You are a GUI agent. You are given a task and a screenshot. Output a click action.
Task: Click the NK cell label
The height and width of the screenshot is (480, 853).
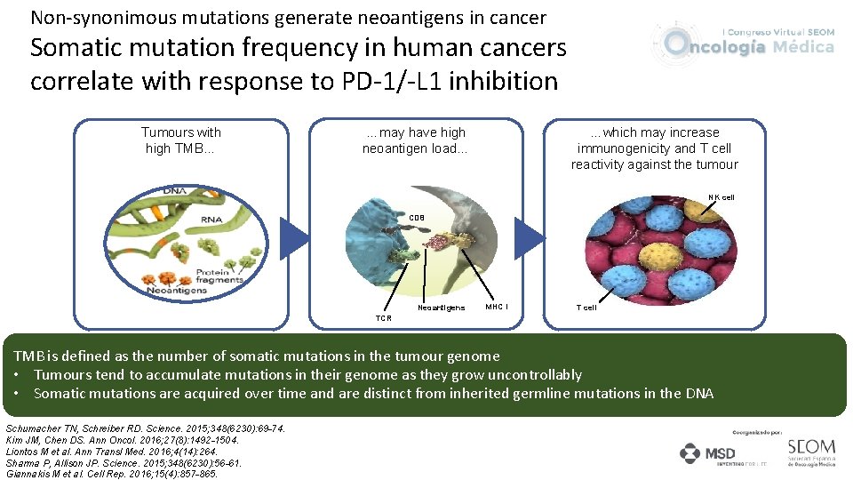point(721,196)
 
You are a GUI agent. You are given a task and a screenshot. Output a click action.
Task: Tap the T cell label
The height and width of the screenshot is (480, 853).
point(586,308)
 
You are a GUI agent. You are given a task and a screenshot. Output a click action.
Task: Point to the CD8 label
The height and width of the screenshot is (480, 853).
point(417,217)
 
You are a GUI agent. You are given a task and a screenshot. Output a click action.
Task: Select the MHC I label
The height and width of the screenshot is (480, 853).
point(497,308)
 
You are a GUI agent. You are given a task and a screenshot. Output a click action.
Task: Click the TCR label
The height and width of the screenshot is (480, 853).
point(383,317)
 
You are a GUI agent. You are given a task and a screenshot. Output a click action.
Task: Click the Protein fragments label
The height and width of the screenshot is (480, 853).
point(218,276)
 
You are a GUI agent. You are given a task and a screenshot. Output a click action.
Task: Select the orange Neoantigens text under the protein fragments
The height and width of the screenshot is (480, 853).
point(176,291)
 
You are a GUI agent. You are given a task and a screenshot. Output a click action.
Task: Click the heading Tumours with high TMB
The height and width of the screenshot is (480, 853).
point(181,140)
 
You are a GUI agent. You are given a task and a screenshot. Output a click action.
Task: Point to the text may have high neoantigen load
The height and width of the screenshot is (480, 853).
point(415,140)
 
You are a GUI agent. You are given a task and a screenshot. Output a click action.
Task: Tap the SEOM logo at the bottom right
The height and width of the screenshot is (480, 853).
point(811,452)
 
